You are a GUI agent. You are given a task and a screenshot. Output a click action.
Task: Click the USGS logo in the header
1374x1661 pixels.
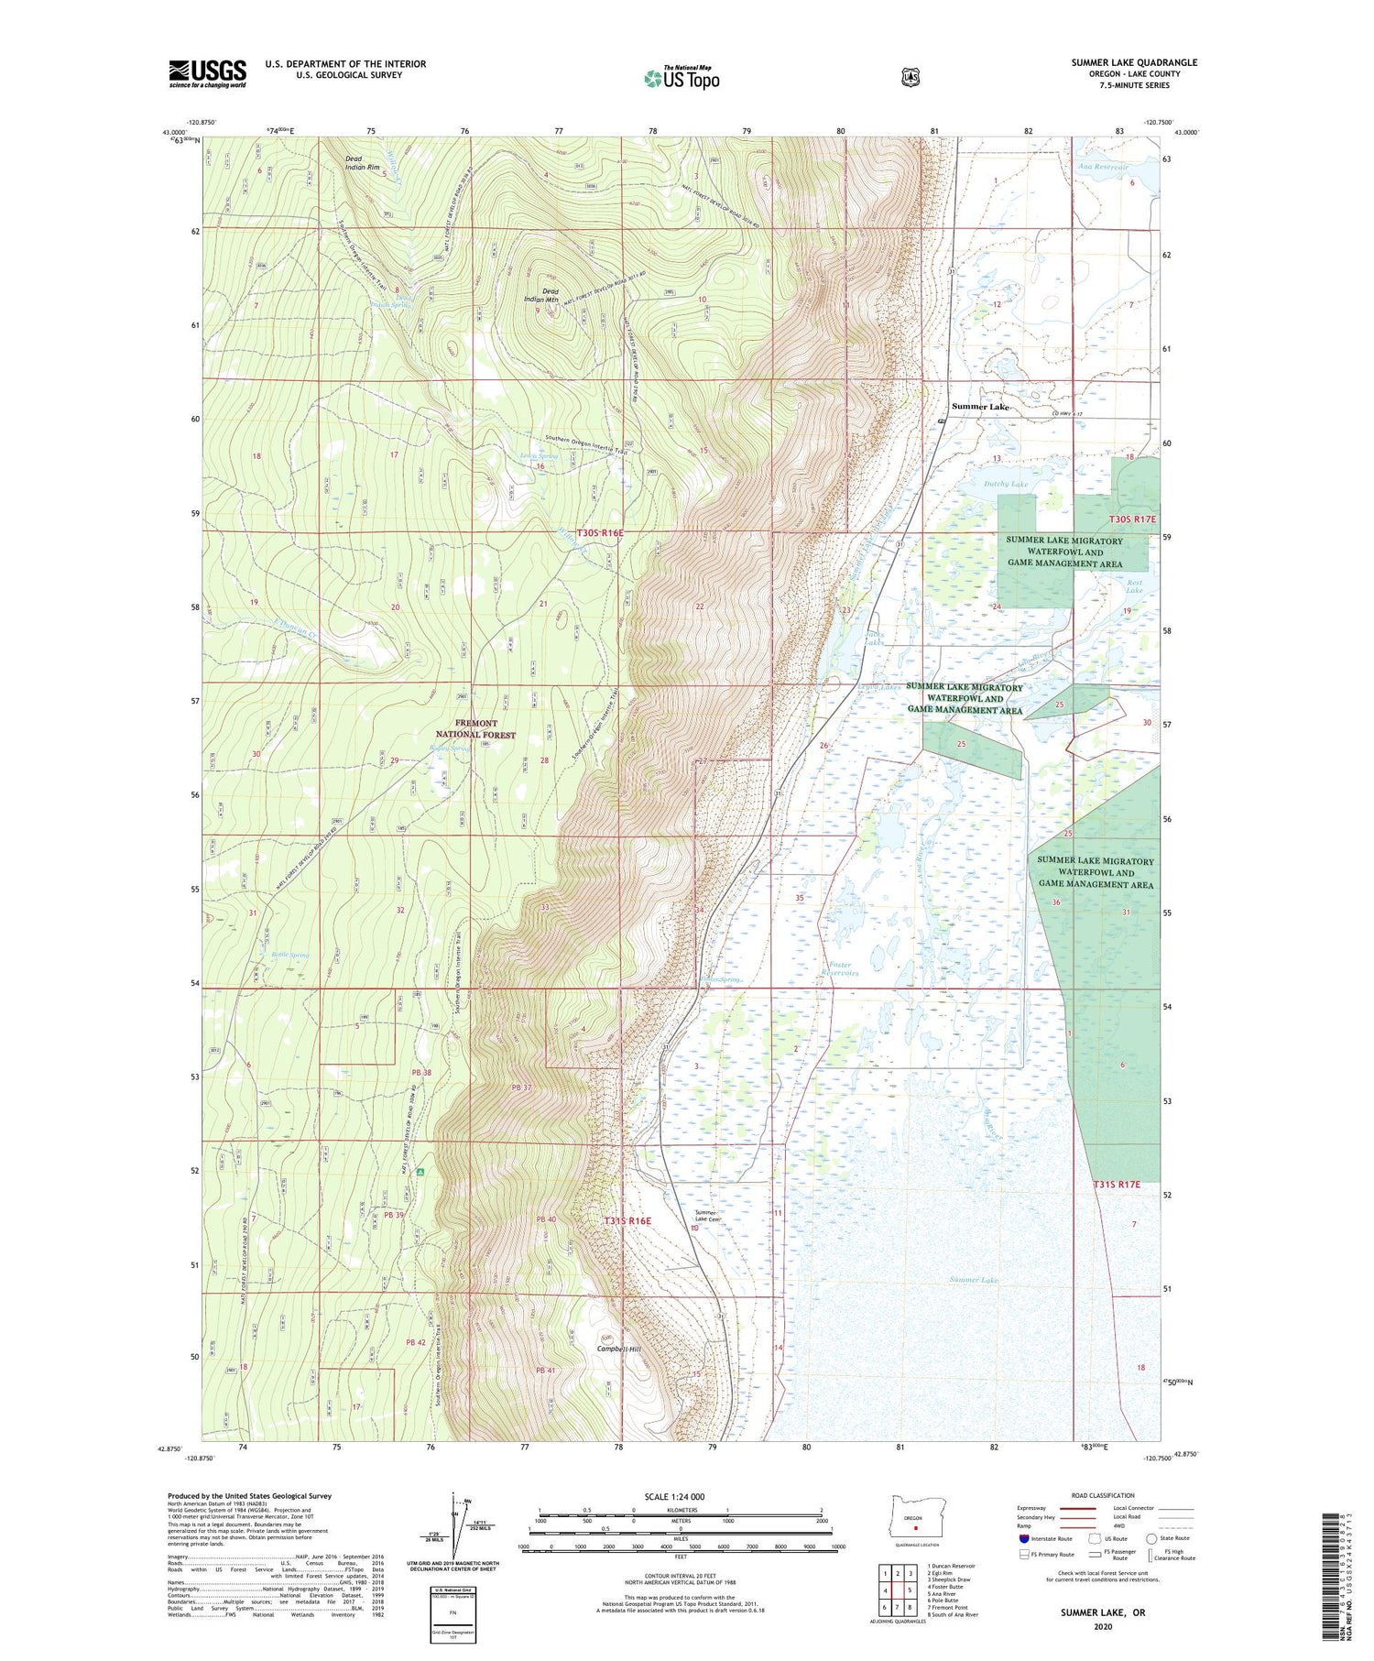pyautogui.click(x=207, y=73)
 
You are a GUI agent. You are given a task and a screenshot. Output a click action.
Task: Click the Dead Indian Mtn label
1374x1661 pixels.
pyautogui.click(x=550, y=296)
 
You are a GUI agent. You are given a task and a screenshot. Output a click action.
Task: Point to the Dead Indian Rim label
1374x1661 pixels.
pyautogui.click(x=362, y=163)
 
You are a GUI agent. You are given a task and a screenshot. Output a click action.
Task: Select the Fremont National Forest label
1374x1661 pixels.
pyautogui.click(x=475, y=728)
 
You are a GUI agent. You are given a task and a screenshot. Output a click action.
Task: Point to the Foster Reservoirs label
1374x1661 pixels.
pyautogui.click(x=830, y=968)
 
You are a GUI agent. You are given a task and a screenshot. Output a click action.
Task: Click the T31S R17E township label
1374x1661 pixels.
pyautogui.click(x=1116, y=1184)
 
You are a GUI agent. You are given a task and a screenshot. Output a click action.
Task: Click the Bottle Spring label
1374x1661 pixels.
pyautogui.click(x=290, y=955)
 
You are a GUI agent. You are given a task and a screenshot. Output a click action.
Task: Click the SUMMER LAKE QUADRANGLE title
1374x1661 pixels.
pyautogui.click(x=1134, y=62)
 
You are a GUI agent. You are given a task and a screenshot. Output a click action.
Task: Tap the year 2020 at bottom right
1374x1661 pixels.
pyautogui.click(x=1103, y=1624)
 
